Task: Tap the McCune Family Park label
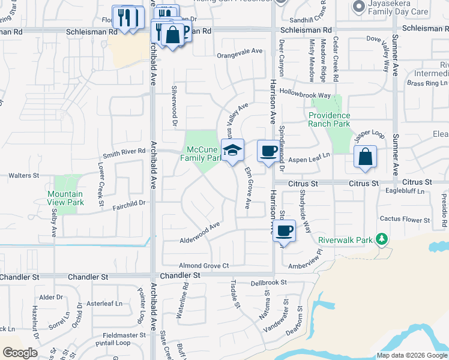tap(202, 154)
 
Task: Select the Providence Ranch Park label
tap(329, 119)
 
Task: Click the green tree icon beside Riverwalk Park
tap(381, 239)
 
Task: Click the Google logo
tap(20, 352)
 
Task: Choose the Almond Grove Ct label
tap(204, 265)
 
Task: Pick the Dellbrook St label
tap(269, 282)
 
